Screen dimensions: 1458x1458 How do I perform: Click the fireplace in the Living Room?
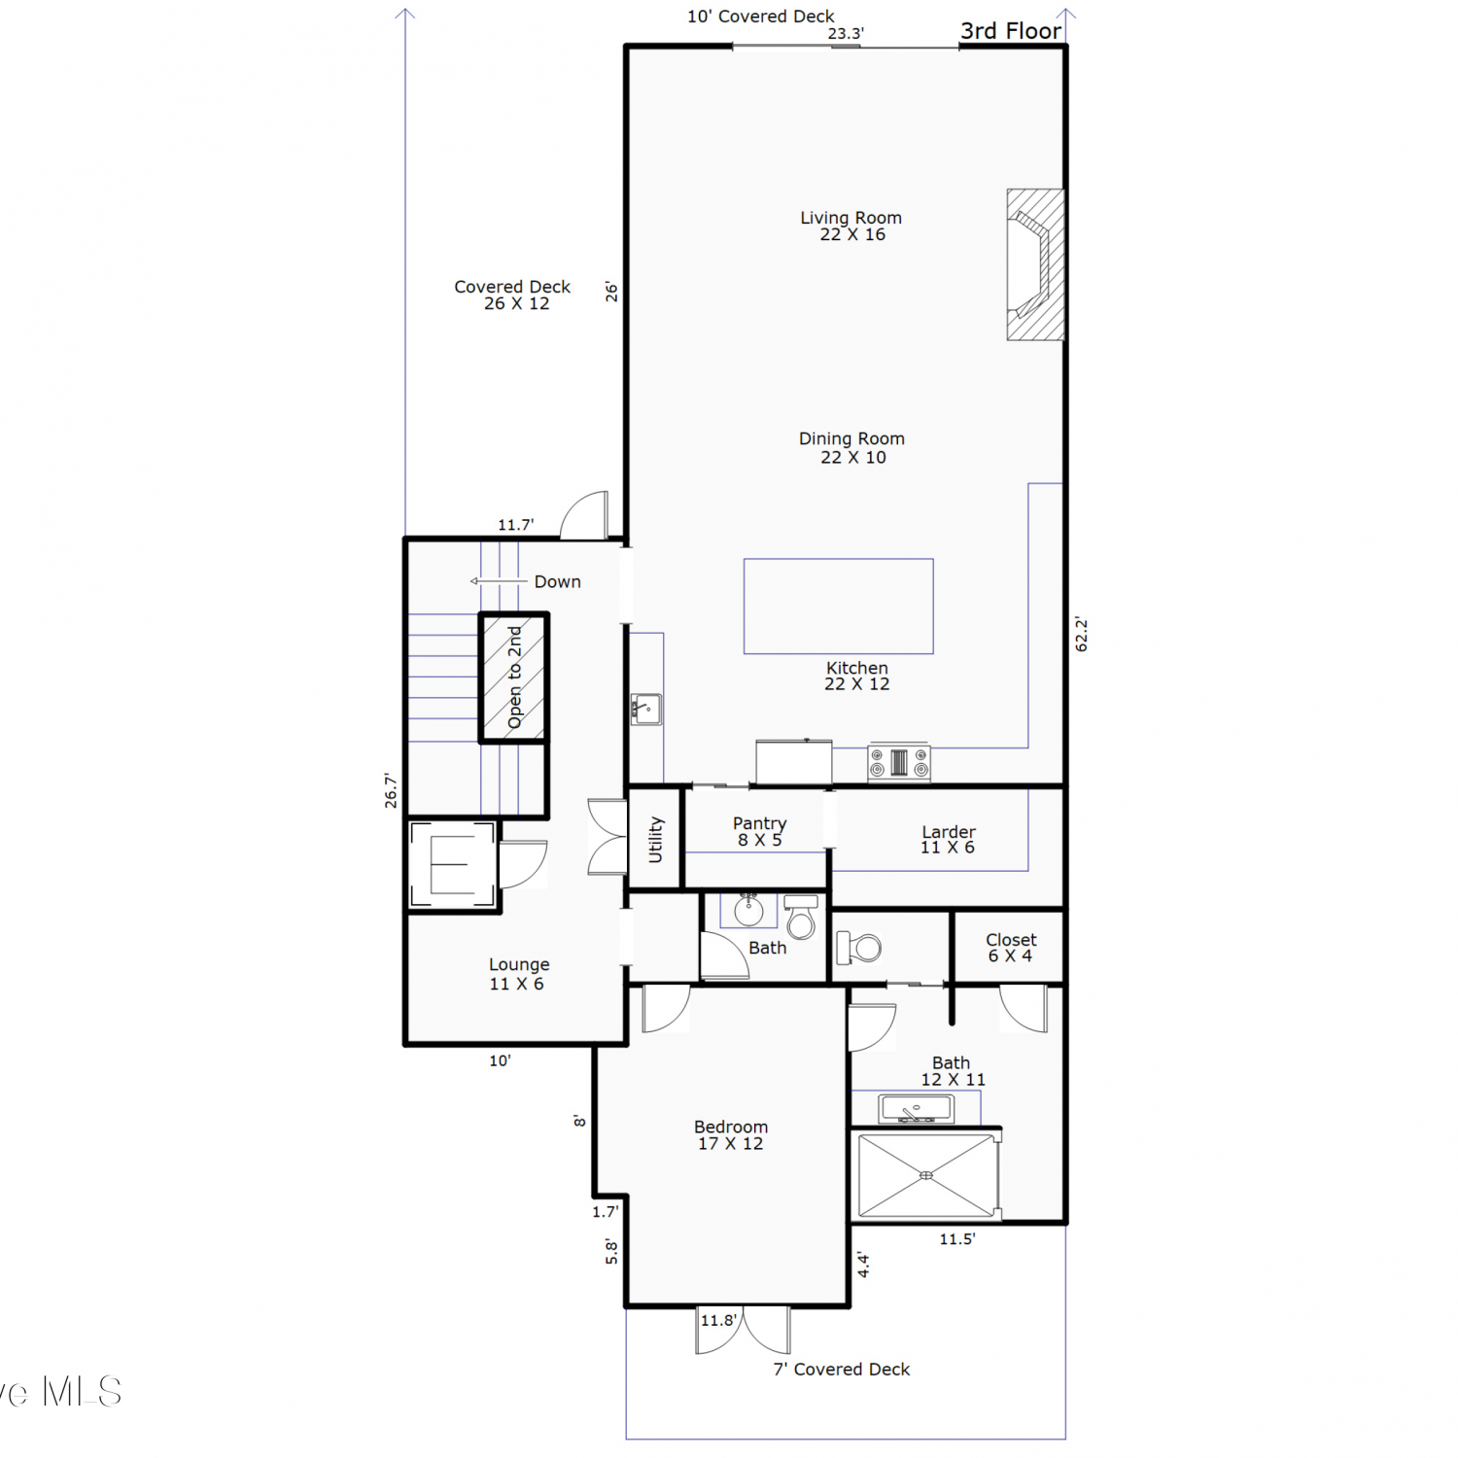[x=1035, y=264]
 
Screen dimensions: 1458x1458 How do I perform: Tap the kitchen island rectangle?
[x=838, y=606]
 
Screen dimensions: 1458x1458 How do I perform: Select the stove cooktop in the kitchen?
[x=899, y=762]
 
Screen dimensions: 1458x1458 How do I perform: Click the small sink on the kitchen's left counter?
[x=646, y=710]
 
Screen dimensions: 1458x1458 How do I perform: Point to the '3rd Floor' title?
[x=1011, y=31]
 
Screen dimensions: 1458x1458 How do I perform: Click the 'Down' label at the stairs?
[x=558, y=581]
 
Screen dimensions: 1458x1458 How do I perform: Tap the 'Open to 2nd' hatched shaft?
[x=514, y=677]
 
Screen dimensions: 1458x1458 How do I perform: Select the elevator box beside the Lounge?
[x=452, y=864]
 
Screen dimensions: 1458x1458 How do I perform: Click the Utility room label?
[x=656, y=839]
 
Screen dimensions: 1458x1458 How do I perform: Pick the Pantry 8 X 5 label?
[x=760, y=831]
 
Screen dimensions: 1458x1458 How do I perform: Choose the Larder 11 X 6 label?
[x=948, y=839]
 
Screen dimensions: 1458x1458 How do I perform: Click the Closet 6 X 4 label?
[x=1011, y=948]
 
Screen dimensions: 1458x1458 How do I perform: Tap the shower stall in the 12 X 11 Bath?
[x=926, y=1175]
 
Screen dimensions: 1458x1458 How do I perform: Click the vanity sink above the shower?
[x=916, y=1108]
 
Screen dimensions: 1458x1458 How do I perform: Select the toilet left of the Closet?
[x=859, y=947]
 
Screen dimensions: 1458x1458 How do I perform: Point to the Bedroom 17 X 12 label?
[x=731, y=1134]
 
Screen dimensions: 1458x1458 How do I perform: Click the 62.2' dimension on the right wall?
[x=1082, y=634]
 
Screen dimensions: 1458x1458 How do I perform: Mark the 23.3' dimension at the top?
[x=846, y=33]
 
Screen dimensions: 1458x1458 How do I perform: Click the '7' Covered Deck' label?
[x=842, y=1369]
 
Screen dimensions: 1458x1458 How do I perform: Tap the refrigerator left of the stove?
[x=794, y=762]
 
